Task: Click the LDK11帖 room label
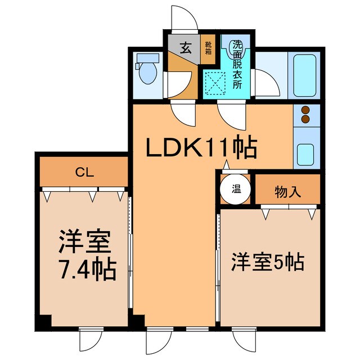201,148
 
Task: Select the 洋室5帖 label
268,262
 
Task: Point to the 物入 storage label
287,192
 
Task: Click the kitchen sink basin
305,153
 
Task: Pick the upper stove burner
306,110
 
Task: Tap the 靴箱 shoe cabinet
208,48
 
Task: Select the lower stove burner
306,119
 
